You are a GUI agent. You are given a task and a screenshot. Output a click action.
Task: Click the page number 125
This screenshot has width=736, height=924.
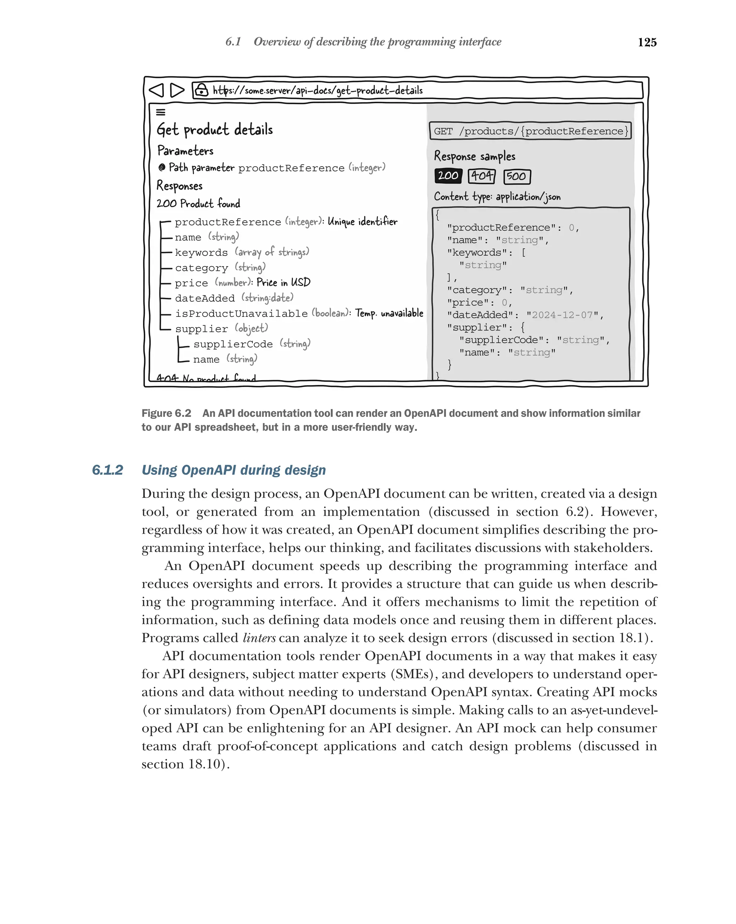tap(647, 42)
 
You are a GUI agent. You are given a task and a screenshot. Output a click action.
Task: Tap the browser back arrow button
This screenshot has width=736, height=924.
tap(157, 90)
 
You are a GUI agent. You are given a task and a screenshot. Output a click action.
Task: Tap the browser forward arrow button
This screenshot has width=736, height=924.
tap(177, 90)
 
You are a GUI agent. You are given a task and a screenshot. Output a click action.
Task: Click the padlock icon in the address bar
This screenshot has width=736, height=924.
tap(201, 90)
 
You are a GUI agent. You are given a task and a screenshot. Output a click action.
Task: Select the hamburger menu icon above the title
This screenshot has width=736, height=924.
tap(161, 112)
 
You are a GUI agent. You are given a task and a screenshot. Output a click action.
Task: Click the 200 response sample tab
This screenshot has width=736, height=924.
tap(448, 176)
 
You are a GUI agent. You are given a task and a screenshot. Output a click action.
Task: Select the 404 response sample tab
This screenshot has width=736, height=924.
tap(481, 176)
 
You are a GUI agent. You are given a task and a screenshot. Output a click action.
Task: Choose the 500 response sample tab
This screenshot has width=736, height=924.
tap(516, 177)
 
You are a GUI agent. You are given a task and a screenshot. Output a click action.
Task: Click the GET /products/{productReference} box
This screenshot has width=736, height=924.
tap(530, 131)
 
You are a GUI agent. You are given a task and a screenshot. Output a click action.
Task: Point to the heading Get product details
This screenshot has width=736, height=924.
tap(215, 129)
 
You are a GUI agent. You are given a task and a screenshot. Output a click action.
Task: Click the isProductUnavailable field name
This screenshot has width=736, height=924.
tap(241, 314)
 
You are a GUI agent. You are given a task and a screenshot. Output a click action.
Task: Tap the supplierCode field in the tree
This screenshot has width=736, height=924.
tap(233, 344)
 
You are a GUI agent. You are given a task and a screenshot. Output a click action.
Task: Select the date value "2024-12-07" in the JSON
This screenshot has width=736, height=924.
tap(562, 315)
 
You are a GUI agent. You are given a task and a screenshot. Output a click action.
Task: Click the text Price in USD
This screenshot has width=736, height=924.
tap(283, 282)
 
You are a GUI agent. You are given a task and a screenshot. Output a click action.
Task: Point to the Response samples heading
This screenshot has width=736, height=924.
tap(474, 156)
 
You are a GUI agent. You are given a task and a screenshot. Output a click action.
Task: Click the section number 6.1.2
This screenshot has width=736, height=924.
tap(107, 470)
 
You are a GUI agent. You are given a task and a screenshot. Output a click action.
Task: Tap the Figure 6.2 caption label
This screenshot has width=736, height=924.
tap(166, 413)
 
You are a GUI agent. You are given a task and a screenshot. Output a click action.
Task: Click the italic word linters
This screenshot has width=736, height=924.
tap(259, 638)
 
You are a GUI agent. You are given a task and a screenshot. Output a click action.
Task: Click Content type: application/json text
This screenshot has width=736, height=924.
tap(497, 197)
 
